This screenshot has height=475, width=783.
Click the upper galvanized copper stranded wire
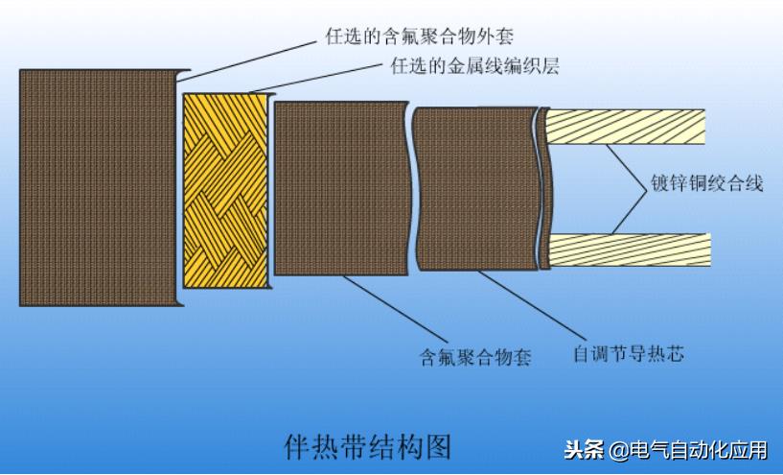tap(628, 127)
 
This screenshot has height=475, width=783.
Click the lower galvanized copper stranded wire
tap(628, 250)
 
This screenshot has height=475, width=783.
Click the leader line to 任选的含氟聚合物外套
tap(249, 59)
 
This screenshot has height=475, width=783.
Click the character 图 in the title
tap(438, 444)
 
